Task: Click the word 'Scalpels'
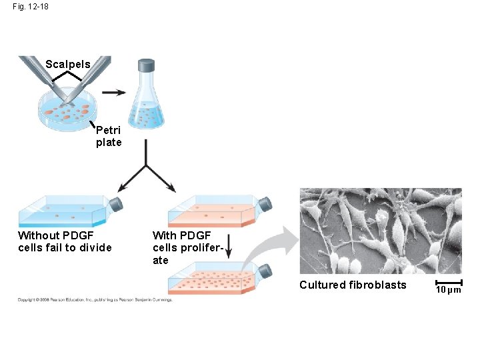coord(68,65)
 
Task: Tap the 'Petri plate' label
coord(109,136)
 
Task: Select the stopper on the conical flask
coord(146,65)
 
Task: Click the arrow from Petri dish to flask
coord(115,93)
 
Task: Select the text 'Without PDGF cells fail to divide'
coord(65,241)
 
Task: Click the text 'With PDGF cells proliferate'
coord(181,247)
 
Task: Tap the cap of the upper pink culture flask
coord(265,204)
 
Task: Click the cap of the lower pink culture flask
coord(265,271)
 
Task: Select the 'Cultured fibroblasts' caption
coord(353,285)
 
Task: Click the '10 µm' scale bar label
coord(448,290)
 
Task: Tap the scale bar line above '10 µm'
coord(448,283)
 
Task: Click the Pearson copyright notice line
coord(95,299)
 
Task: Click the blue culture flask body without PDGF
coord(63,211)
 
